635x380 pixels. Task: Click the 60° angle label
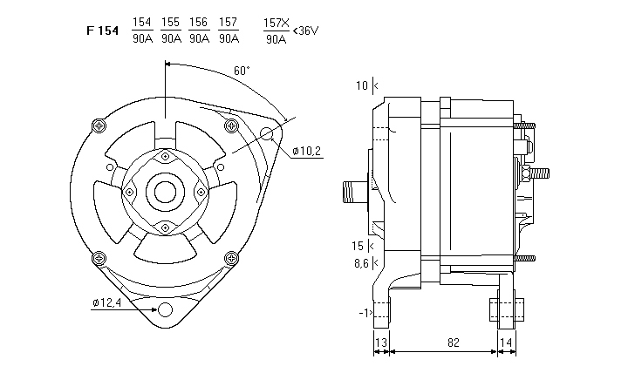point(242,71)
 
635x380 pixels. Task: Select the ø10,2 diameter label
point(307,151)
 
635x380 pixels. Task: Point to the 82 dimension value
point(453,343)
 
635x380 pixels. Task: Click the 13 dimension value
point(381,343)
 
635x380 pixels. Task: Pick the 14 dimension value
point(507,343)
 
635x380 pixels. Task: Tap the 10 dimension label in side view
point(361,85)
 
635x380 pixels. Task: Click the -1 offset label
point(363,311)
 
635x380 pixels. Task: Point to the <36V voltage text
point(306,31)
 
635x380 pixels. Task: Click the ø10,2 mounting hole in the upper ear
point(267,133)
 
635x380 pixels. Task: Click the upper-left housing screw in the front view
point(98,126)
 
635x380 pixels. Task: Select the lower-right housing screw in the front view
point(231,258)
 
